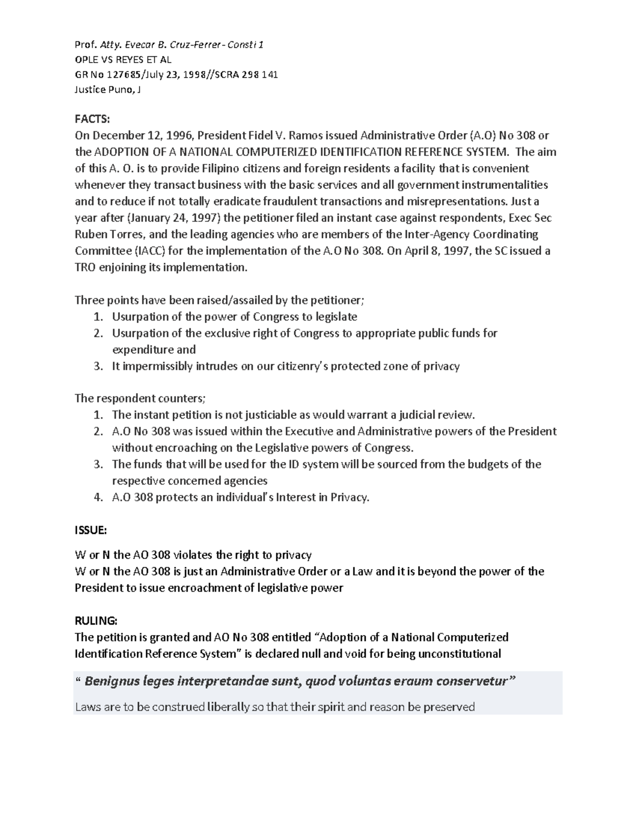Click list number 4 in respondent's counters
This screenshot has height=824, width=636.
tap(98, 497)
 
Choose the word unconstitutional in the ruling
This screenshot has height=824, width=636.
tap(460, 653)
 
